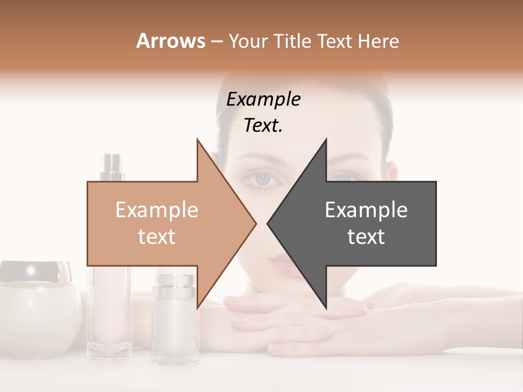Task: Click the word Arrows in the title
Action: click(x=171, y=41)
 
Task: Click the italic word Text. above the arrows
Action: click(x=263, y=126)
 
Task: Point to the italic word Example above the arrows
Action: click(x=263, y=99)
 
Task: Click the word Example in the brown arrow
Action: click(x=156, y=210)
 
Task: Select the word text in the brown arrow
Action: click(x=156, y=236)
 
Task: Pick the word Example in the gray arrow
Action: click(x=366, y=210)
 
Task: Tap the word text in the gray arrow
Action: click(x=366, y=236)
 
